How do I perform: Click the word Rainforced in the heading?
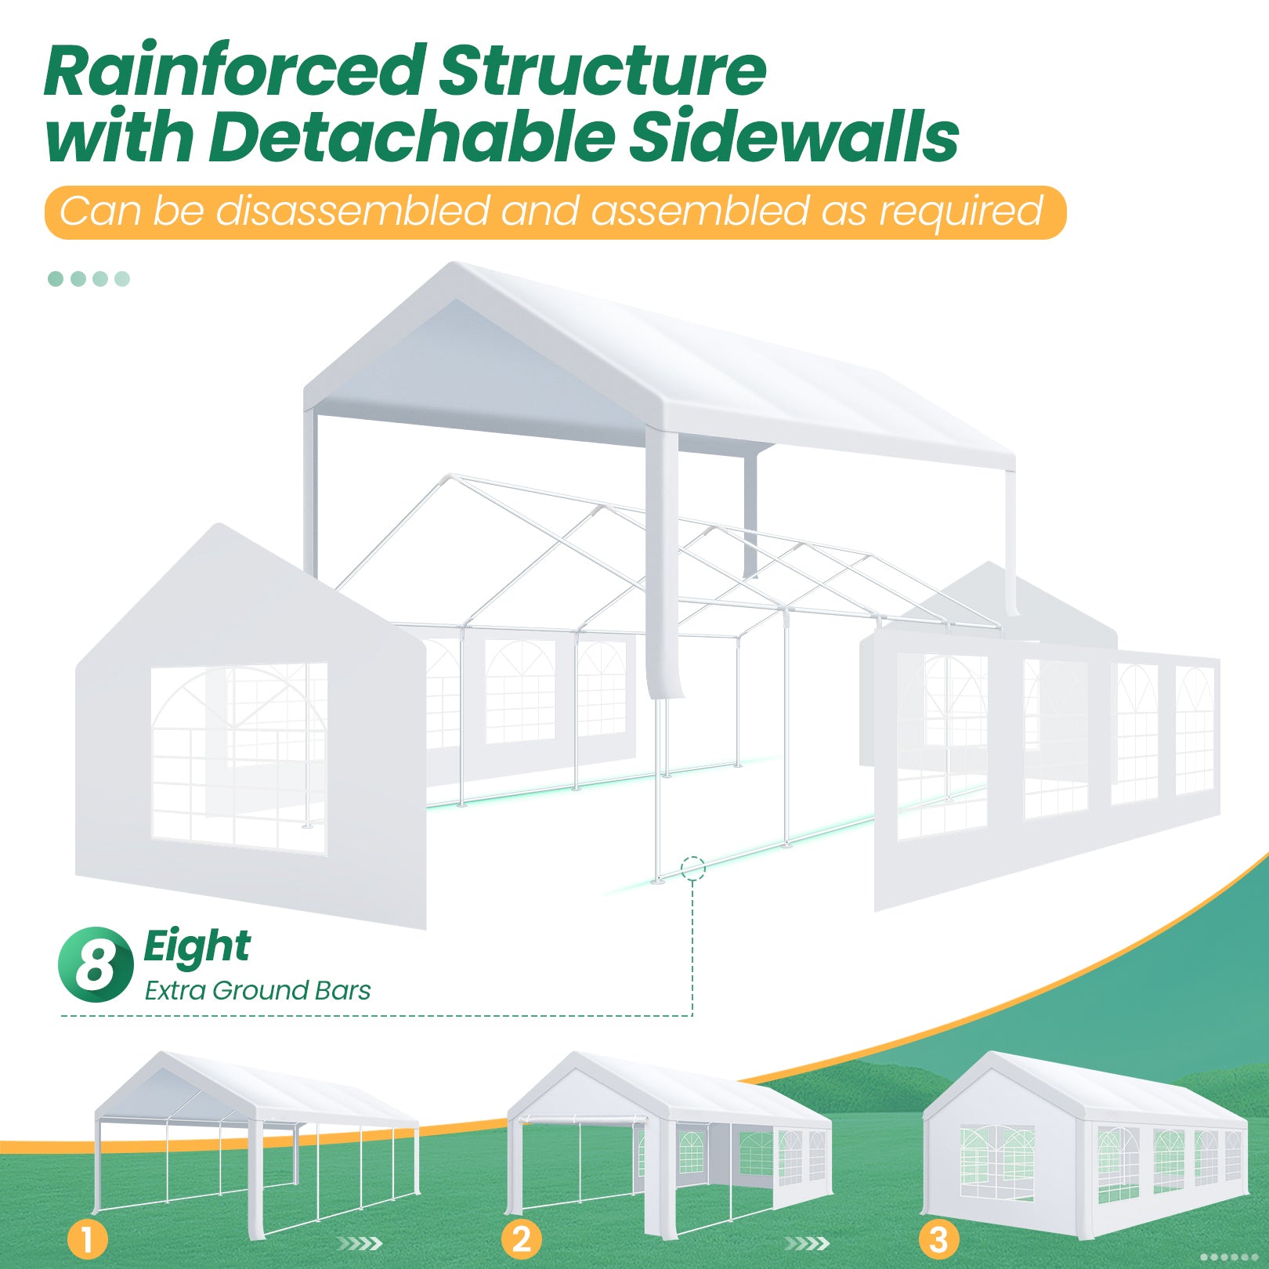click(x=235, y=72)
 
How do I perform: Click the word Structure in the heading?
click(x=602, y=72)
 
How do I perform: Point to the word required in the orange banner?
click(x=961, y=211)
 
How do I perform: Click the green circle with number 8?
click(x=96, y=964)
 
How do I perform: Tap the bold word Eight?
click(x=197, y=947)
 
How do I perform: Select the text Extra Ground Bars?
click(x=258, y=991)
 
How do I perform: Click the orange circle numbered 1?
click(x=87, y=1240)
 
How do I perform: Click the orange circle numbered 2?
click(x=521, y=1239)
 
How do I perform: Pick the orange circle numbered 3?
click(x=938, y=1239)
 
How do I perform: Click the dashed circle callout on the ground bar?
click(x=693, y=868)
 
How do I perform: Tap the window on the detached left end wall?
click(x=239, y=758)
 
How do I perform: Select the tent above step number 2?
click(x=670, y=1140)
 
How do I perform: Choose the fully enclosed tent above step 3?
click(x=1085, y=1140)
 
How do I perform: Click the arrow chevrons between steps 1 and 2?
click(x=360, y=1243)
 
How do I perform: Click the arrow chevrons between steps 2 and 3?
click(x=807, y=1243)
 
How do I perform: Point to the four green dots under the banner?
click(x=89, y=279)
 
